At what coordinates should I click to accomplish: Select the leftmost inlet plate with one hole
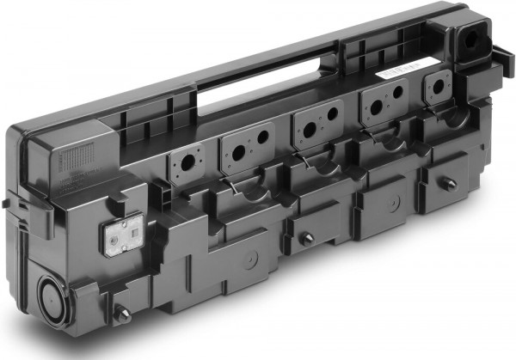tap(183, 162)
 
